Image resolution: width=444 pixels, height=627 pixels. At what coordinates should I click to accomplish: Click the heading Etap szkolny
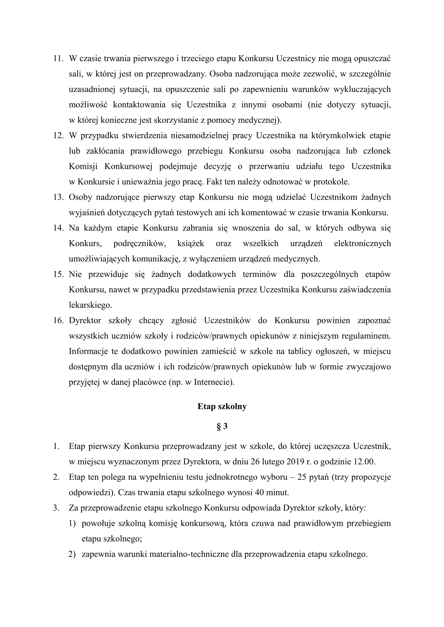click(222, 406)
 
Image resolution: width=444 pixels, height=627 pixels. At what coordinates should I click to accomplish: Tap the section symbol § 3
click(222, 426)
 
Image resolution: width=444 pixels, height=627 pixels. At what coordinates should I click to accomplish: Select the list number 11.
click(58, 58)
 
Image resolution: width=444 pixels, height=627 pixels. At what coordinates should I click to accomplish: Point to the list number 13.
click(58, 197)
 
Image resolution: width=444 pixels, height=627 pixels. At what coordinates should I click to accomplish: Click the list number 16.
click(58, 320)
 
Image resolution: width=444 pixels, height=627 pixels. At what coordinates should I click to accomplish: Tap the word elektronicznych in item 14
click(362, 243)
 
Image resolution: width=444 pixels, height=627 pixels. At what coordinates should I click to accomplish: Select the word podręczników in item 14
click(139, 243)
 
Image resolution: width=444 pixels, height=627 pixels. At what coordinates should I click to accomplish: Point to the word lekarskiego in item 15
click(90, 305)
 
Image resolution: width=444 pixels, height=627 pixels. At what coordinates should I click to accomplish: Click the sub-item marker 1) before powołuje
click(72, 524)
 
